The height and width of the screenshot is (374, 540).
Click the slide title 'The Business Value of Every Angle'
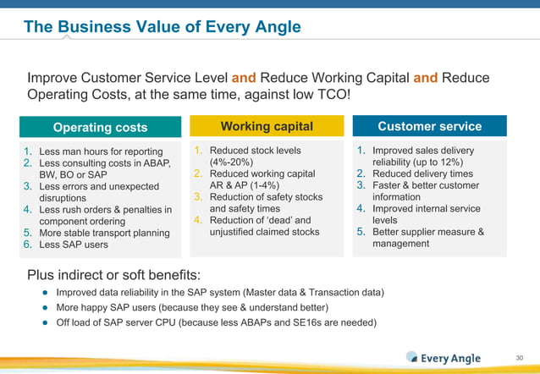(x=162, y=27)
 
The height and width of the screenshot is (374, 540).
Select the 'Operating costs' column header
(x=100, y=127)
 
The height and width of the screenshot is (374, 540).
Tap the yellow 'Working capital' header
(x=267, y=126)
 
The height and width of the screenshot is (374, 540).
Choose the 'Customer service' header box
(x=429, y=126)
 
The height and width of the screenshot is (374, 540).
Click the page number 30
(x=520, y=357)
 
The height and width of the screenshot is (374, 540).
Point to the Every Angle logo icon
(x=412, y=357)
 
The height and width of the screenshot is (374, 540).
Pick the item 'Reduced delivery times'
(x=422, y=173)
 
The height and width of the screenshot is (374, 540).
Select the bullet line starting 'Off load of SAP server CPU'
(x=216, y=322)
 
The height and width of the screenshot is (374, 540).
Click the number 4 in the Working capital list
(x=197, y=220)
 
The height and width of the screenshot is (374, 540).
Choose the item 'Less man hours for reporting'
(x=101, y=151)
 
